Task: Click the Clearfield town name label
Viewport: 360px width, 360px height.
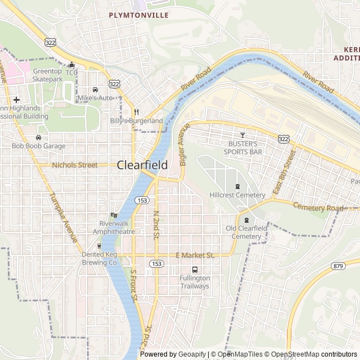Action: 142,165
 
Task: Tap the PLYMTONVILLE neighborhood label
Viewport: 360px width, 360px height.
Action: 138,15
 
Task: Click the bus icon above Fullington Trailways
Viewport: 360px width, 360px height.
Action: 195,269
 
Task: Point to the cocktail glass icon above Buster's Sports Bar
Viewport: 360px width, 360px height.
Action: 242,135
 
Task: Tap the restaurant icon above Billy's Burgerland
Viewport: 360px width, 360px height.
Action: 136,112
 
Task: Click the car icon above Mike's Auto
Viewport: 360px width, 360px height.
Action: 95,89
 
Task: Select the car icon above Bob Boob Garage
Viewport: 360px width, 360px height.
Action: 38,137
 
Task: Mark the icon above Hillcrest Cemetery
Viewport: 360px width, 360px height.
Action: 237,186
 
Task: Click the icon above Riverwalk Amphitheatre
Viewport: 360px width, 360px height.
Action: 114,214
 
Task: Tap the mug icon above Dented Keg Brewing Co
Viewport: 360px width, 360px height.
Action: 99,246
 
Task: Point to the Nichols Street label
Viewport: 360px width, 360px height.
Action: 74,165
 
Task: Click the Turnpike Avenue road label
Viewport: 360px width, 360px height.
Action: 64,218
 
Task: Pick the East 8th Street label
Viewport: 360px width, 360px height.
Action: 283,172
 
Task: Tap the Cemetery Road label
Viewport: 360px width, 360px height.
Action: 317,208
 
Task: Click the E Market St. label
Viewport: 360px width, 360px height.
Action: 195,255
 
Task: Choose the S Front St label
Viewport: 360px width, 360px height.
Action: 133,287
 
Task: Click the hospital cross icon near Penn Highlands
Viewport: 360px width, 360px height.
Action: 16,100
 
